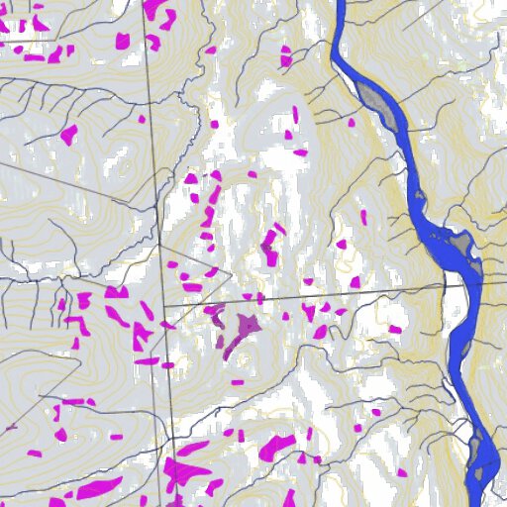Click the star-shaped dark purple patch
coord(245,324)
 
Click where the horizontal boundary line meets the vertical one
coord(164,305)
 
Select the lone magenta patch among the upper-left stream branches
coord(68,135)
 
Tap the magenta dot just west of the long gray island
coord(351,122)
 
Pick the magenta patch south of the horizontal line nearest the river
coord(394,329)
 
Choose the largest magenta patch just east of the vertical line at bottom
coord(188,470)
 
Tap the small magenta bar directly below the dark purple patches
coord(237,380)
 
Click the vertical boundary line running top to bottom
coord(155,198)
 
